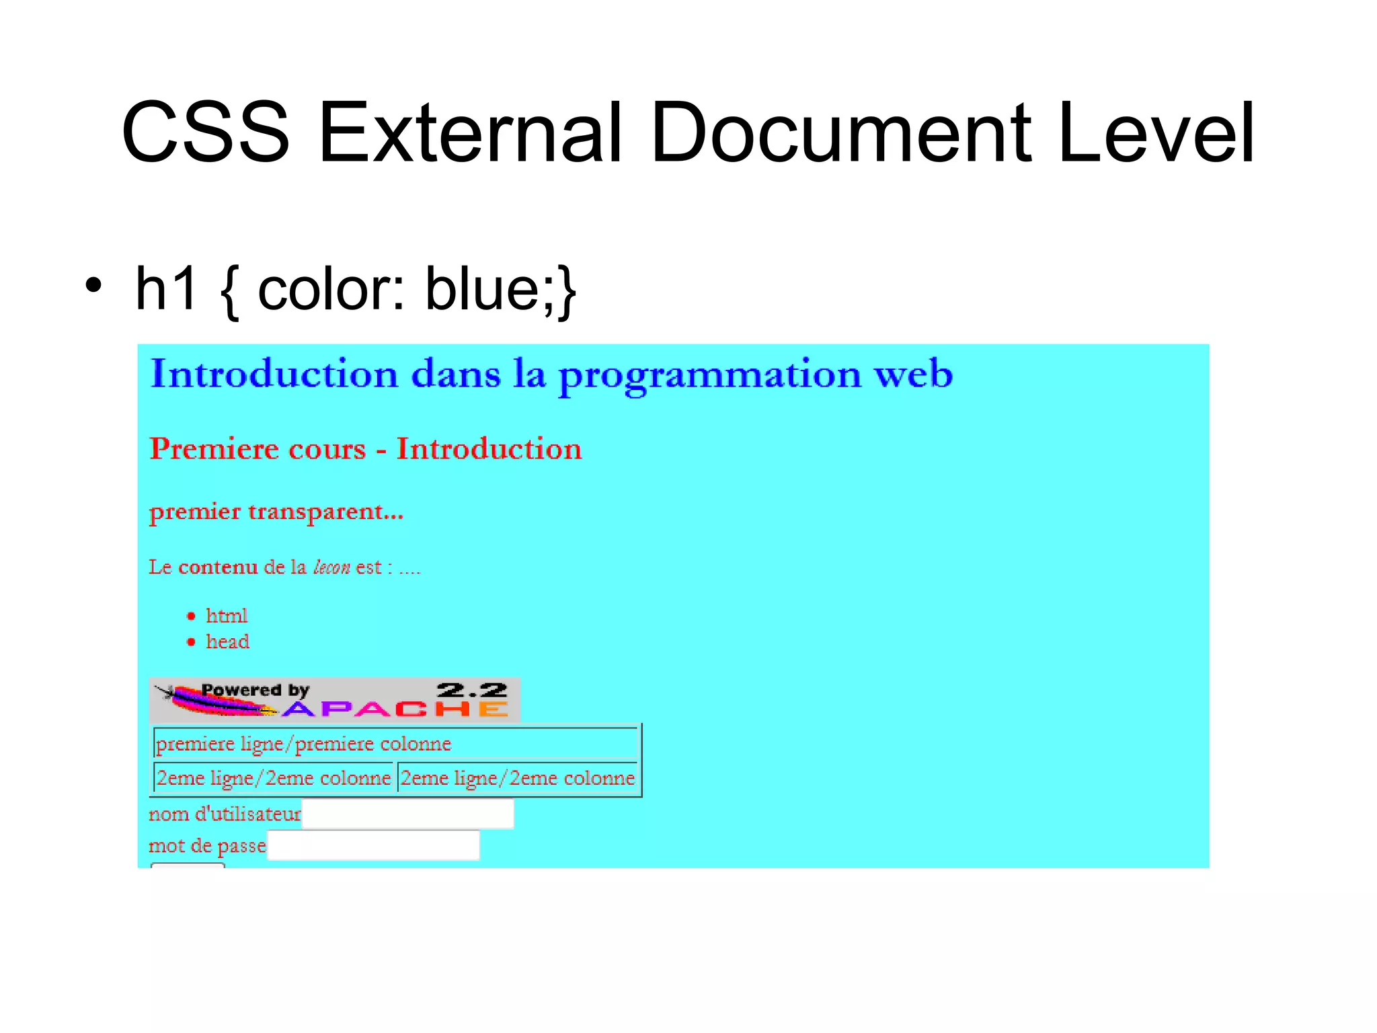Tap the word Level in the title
point(1154,132)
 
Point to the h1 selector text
point(166,289)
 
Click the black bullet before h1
point(93,285)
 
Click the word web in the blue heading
point(912,374)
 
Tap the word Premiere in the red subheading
point(258,449)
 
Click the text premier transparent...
point(276,512)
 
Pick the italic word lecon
point(331,568)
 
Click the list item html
point(227,616)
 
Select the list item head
point(227,642)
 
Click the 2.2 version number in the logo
point(471,690)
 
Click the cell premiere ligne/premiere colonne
point(395,744)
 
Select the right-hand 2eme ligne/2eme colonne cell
point(517,778)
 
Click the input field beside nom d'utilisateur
point(408,814)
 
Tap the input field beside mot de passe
point(373,845)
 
